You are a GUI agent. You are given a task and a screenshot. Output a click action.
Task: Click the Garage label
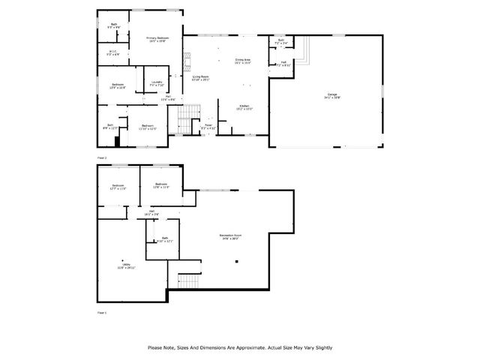[x=332, y=94]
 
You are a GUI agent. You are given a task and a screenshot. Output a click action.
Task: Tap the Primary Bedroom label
[x=156, y=39]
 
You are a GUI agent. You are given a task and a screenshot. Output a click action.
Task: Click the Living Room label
[x=200, y=76]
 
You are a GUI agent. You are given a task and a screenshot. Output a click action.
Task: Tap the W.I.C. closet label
[x=112, y=52]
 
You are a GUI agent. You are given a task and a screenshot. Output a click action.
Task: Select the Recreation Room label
[x=229, y=236]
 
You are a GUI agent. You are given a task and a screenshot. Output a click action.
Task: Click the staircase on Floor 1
[x=188, y=281]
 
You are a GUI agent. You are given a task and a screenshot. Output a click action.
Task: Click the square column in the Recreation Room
[x=237, y=262]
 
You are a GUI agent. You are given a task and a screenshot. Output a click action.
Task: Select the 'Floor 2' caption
[x=103, y=158]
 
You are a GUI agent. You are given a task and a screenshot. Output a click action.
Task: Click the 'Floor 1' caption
[x=103, y=311]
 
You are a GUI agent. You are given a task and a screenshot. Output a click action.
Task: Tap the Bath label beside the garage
[x=280, y=43]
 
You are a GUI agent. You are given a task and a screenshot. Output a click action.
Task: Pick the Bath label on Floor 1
[x=165, y=239]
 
